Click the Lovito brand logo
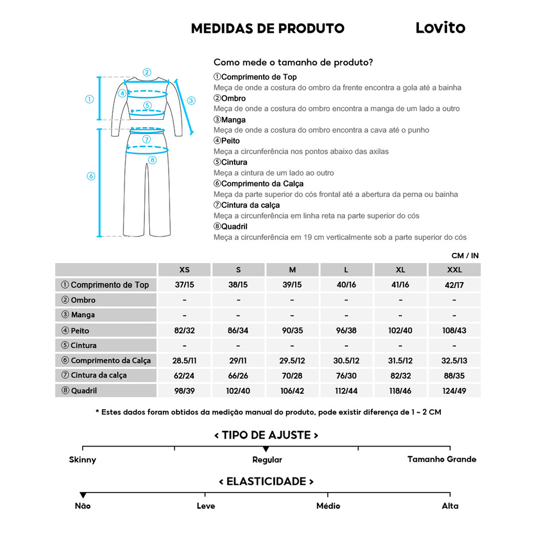tap(440, 28)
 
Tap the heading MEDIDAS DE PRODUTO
tap(267, 28)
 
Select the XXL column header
tap(454, 270)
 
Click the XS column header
tap(185, 270)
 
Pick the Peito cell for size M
tap(292, 330)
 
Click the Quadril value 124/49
tap(454, 391)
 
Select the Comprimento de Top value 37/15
tap(185, 285)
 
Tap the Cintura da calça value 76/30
tap(346, 376)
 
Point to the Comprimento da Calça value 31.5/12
tap(400, 361)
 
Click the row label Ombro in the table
tap(83, 300)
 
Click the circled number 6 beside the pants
tap(91, 176)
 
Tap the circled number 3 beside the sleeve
tap(191, 100)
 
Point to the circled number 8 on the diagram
tap(152, 160)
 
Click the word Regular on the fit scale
tap(267, 460)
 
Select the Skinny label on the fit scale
tap(83, 460)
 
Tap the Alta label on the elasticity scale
tap(450, 506)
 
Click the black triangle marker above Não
tap(83, 495)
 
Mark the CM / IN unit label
tap(465, 256)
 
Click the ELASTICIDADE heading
tap(266, 482)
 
